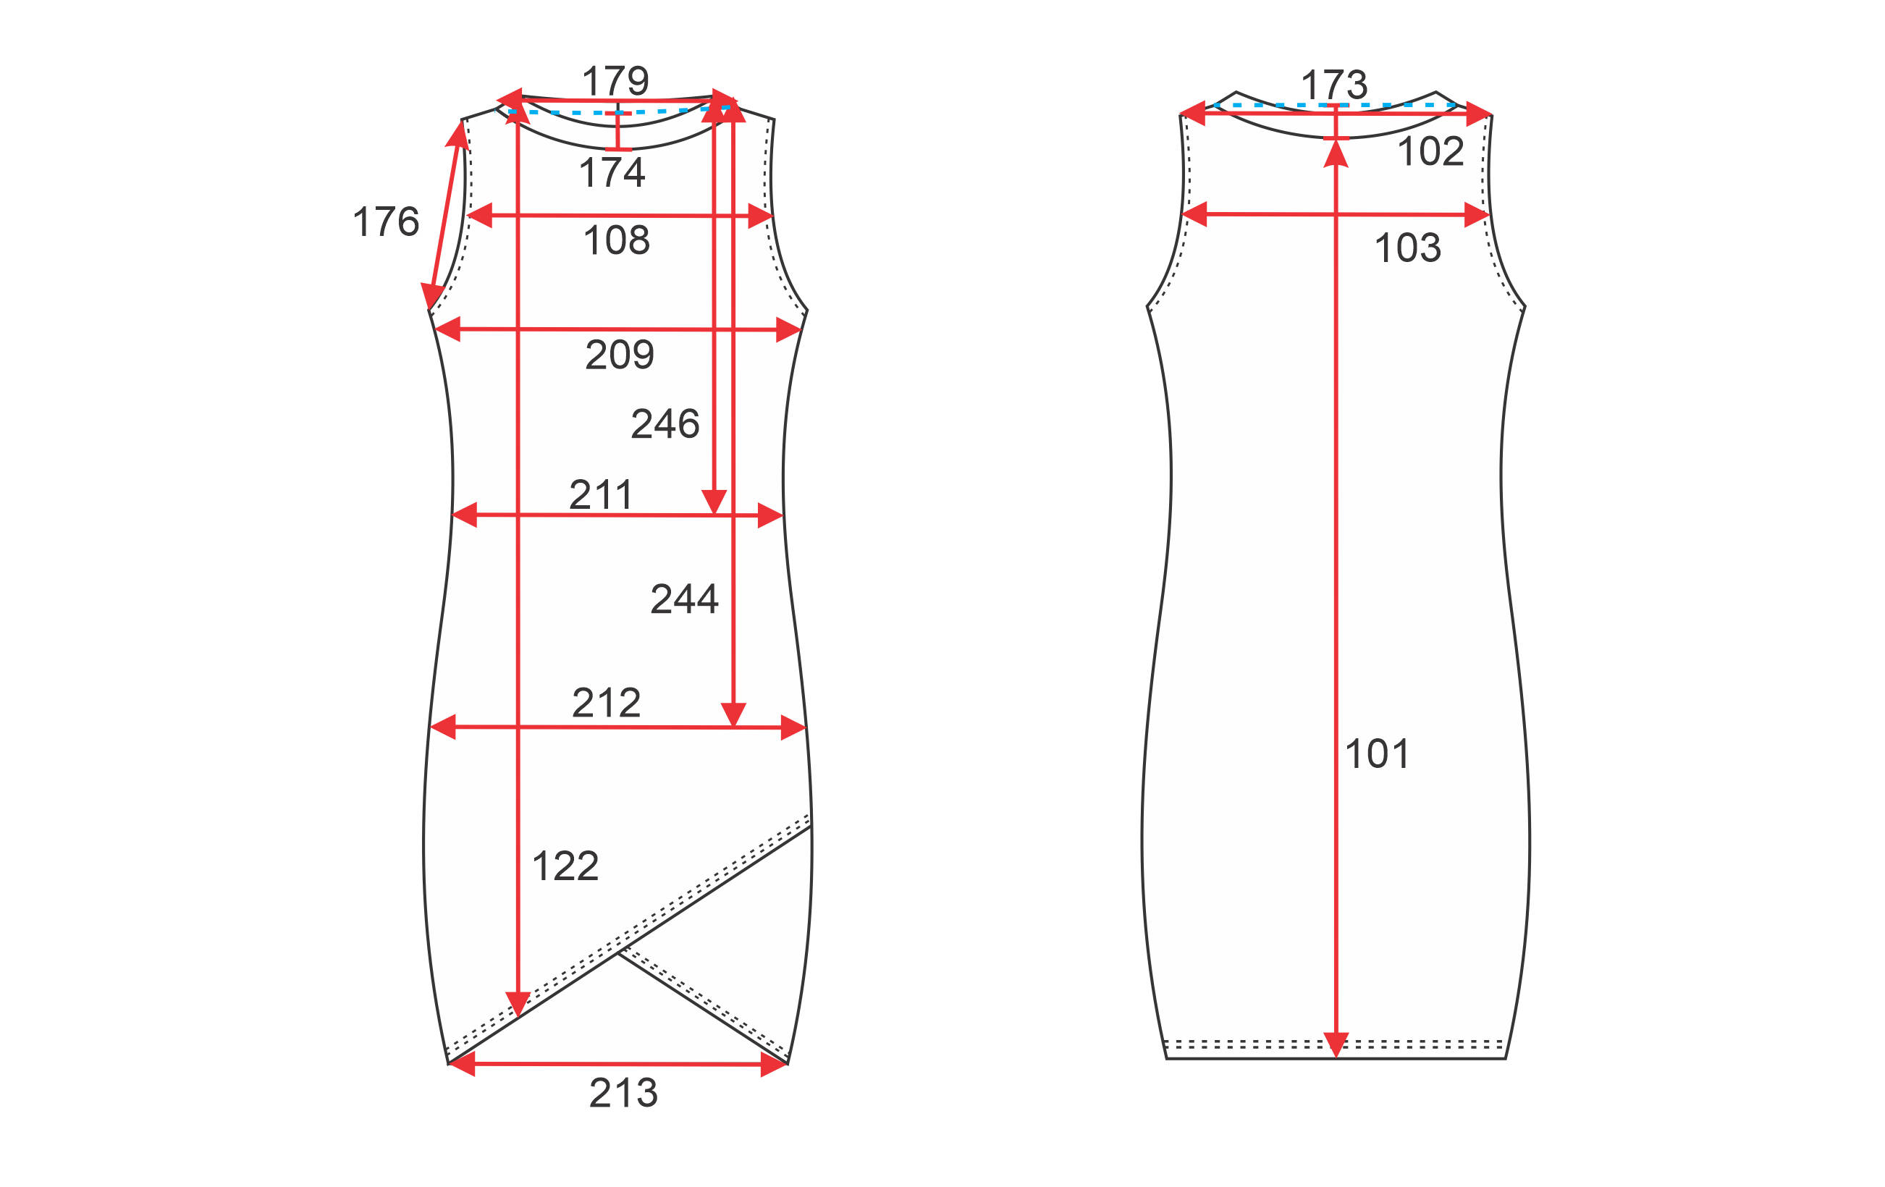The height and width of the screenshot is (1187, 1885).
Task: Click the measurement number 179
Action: (615, 80)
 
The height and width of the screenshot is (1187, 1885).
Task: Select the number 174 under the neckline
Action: (612, 172)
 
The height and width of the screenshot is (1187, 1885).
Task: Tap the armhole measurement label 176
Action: (386, 221)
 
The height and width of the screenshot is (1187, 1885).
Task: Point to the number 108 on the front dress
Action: (617, 240)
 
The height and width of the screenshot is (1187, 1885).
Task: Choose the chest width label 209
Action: (619, 355)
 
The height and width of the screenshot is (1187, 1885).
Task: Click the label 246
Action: (665, 423)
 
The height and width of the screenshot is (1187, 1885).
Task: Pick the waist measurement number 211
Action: (600, 494)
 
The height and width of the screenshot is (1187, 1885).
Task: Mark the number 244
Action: (685, 599)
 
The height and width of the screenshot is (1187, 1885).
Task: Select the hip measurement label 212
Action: (607, 703)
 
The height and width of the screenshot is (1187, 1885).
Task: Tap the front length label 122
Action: (565, 866)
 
